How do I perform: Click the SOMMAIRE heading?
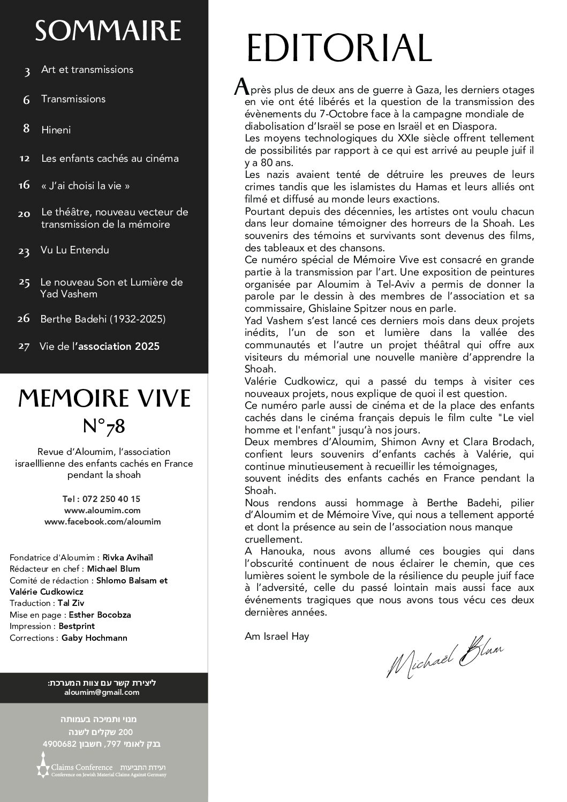tap(108, 31)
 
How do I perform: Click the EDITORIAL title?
tap(338, 48)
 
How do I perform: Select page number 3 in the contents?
tap(27, 71)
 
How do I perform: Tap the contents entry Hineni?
tap(56, 130)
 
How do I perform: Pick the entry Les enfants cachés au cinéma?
tap(110, 159)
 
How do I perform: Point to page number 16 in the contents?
tap(24, 185)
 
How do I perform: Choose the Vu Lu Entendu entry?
tap(74, 250)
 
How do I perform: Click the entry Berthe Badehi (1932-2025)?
tap(103, 319)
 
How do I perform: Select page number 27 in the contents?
tap(24, 347)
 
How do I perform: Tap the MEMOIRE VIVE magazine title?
tap(104, 399)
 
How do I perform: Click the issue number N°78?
tap(104, 426)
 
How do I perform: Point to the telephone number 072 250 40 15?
tap(111, 499)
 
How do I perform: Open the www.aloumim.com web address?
tap(102, 510)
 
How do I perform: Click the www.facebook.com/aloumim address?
tap(102, 521)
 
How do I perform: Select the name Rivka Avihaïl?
tap(127, 557)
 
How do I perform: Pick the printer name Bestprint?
tap(77, 626)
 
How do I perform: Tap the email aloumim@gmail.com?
tap(102, 692)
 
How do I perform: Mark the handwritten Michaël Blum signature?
tap(444, 659)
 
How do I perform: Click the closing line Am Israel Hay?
tap(277, 636)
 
